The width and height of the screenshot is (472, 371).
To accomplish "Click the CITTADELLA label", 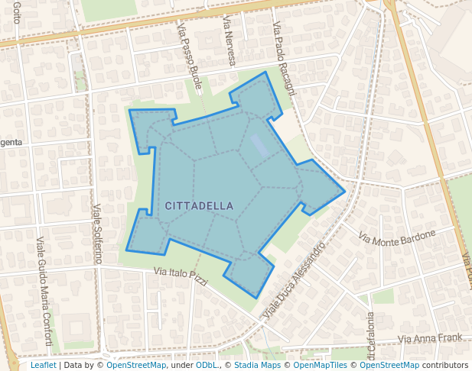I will point(199,206).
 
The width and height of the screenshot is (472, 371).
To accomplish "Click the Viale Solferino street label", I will point(97,234).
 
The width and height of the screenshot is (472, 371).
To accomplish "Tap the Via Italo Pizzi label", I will point(181,276).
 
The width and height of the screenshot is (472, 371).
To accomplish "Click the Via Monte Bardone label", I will point(397,237).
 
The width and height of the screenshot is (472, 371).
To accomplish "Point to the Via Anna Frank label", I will point(431,338).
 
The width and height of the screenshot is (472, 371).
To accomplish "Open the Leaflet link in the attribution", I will point(43,365).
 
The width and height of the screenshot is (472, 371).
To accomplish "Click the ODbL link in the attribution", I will point(207,365).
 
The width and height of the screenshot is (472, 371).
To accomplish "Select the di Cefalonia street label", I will point(371,336).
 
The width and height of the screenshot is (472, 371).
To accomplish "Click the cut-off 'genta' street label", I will point(11,143).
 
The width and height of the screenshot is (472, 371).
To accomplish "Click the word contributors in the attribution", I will point(445,365).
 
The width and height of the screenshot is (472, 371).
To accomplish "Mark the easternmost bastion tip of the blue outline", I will point(345,190).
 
